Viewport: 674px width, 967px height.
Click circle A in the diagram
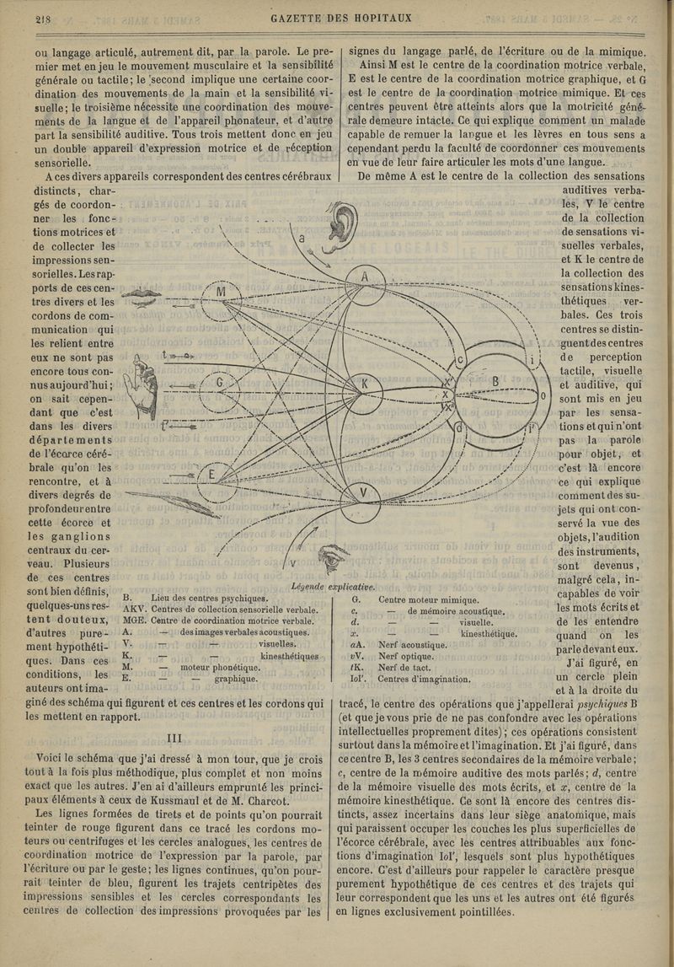click(364, 277)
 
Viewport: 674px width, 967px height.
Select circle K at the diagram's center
click(365, 384)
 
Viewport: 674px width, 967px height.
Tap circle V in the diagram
click(364, 492)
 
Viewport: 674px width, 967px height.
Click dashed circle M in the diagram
click(221, 292)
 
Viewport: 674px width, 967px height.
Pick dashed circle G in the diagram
click(219, 384)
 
